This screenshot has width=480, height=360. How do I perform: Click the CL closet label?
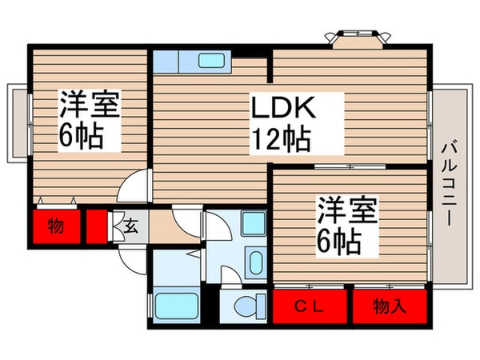[311, 306]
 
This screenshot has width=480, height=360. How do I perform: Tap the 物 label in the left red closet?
[55, 226]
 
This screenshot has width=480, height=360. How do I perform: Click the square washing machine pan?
[254, 223]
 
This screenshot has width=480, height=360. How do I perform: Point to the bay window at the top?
[352, 38]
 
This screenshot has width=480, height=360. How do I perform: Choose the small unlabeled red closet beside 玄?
[97, 226]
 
